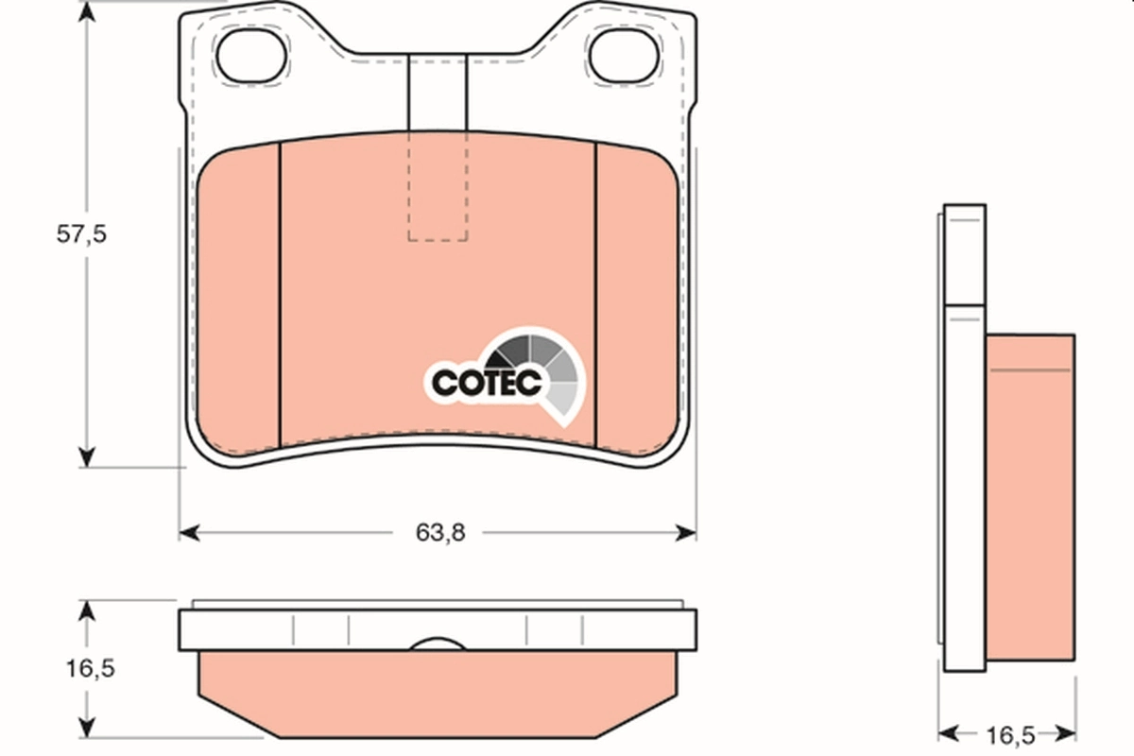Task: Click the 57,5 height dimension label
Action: (x=80, y=235)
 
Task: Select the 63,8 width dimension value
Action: (x=440, y=533)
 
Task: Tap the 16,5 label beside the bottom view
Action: (x=91, y=668)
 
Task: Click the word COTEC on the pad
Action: (x=486, y=383)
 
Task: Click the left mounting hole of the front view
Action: (x=251, y=54)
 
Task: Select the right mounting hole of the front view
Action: (x=625, y=54)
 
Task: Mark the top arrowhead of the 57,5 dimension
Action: (x=87, y=13)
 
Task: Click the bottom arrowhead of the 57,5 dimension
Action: (x=87, y=457)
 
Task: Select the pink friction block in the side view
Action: (x=1030, y=501)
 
